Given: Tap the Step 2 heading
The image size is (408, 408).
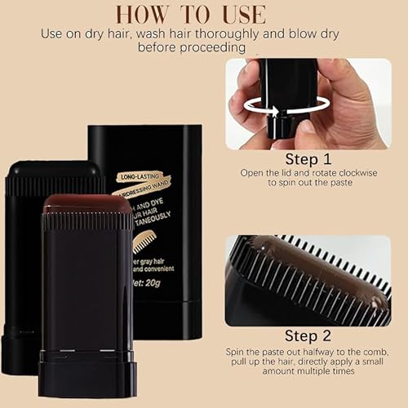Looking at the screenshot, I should tap(308, 335).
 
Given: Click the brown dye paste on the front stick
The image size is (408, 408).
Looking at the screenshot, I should tap(87, 204).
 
